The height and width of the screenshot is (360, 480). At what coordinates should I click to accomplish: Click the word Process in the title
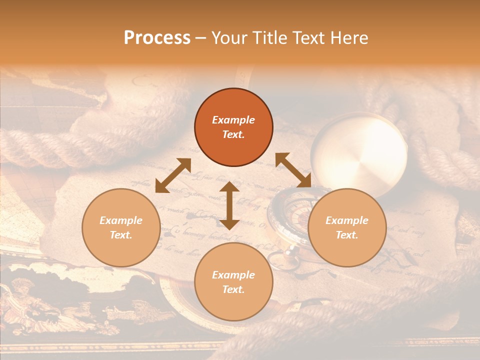point(157,38)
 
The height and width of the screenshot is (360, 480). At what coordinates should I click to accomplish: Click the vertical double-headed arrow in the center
point(229,206)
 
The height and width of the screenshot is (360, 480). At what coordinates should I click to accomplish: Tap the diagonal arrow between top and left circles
point(173,175)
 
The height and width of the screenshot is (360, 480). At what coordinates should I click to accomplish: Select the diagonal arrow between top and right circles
point(293,170)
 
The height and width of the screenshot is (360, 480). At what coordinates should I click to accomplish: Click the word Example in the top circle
point(233,120)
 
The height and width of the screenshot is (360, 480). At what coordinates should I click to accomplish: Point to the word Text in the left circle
point(121,235)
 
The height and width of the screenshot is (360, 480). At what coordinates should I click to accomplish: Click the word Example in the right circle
point(347,220)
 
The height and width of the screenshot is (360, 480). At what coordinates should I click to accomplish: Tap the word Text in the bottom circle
point(233,289)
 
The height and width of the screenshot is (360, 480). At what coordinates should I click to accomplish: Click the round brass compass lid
point(359,152)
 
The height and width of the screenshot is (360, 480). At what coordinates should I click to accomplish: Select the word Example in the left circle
point(121,220)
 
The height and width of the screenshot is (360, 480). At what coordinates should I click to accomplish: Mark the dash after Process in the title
point(201,38)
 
